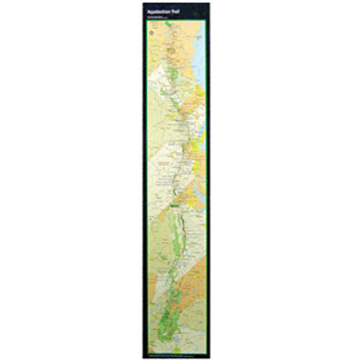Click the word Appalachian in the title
159,12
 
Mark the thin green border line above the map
176,21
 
